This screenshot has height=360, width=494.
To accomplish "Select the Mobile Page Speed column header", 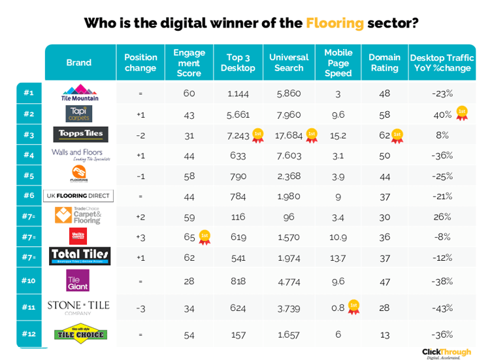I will pyautogui.click(x=338, y=63).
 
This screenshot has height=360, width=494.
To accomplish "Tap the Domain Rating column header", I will pyautogui.click(x=384, y=63).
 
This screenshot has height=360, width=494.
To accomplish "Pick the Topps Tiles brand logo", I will pyautogui.click(x=80, y=135).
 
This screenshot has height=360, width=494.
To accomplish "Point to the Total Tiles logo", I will pyautogui.click(x=80, y=256).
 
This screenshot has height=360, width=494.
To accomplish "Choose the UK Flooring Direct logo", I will pyautogui.click(x=79, y=195).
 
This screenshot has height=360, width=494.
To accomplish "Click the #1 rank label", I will pyautogui.click(x=28, y=93).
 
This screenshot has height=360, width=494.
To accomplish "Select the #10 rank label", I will pyautogui.click(x=28, y=280).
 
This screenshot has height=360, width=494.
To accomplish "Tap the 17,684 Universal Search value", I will pyautogui.click(x=289, y=135).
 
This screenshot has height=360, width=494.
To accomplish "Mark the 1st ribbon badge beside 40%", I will pyautogui.click(x=462, y=113).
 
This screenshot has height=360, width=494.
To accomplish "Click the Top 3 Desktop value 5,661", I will pyautogui.click(x=238, y=114).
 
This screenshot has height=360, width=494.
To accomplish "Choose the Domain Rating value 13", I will pyautogui.click(x=384, y=335).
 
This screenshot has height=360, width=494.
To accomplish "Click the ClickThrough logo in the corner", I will pyautogui.click(x=446, y=352).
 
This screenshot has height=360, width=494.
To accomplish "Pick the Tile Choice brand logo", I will pyautogui.click(x=80, y=334).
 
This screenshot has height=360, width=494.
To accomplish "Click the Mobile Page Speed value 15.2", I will pyautogui.click(x=338, y=135).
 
